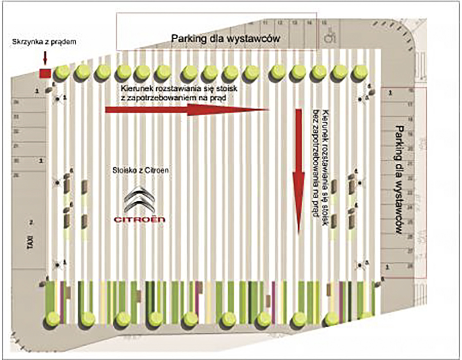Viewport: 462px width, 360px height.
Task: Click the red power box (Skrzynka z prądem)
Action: (x=45, y=73)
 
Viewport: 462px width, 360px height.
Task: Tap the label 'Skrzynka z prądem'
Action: (x=44, y=42)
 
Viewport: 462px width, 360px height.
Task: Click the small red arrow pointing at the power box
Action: (x=45, y=58)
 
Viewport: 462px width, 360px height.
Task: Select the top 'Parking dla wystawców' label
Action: (x=226, y=38)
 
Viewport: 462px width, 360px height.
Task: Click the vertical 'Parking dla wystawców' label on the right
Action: (x=401, y=180)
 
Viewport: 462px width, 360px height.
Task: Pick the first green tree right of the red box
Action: (x=61, y=72)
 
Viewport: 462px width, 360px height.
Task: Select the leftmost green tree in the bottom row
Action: (x=54, y=318)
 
